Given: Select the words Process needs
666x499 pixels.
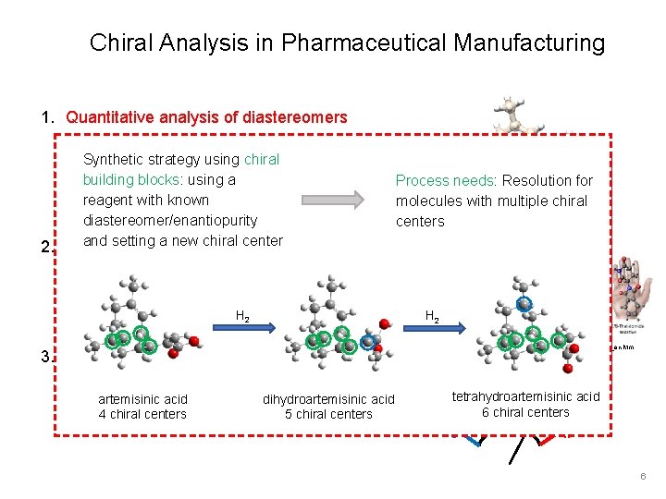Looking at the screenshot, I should [x=433, y=180].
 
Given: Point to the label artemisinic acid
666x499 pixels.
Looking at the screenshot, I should [x=142, y=399].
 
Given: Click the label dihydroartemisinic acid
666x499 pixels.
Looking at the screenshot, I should [x=328, y=399].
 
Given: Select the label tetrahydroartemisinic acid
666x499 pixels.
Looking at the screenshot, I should [x=525, y=396].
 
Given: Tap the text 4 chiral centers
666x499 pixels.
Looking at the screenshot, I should [x=142, y=414].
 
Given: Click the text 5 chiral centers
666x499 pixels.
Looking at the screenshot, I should [x=328, y=414].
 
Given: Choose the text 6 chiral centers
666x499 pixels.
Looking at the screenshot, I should [x=525, y=412].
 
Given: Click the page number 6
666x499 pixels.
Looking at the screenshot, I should [x=643, y=476].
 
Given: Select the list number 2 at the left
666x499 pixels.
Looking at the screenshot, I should [x=45, y=247].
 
